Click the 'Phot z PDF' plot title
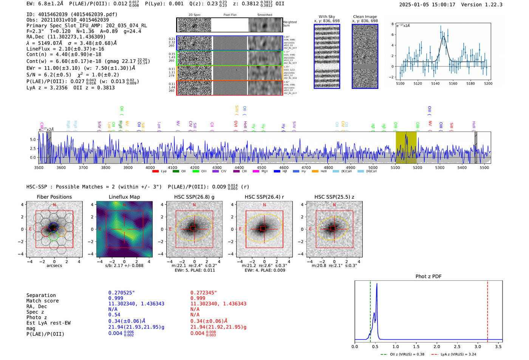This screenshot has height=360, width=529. [428, 277]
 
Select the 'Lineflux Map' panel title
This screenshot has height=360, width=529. [124, 197]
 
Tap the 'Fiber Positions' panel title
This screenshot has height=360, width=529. [54, 197]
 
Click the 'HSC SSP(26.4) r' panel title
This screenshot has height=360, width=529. [264, 197]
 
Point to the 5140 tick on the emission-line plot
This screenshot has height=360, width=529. [435, 83]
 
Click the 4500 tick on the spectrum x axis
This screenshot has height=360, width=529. [261, 167]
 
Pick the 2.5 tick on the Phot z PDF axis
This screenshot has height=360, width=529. [457, 346]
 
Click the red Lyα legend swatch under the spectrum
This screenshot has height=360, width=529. [155, 172]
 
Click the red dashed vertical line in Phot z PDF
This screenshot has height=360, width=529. [487, 310]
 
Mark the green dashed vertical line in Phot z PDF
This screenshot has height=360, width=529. [370, 310]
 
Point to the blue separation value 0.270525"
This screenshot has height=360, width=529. [121, 293]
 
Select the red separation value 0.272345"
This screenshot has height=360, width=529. [204, 293]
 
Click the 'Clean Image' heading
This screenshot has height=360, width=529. [365, 17]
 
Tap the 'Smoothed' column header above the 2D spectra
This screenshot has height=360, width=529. [264, 15]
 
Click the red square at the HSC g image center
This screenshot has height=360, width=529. [193, 228]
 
